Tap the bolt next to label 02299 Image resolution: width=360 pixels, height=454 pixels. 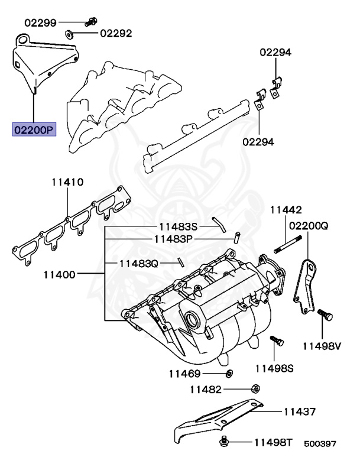91,22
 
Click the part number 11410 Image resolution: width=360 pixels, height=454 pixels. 66,182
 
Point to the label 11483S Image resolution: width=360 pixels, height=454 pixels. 178,226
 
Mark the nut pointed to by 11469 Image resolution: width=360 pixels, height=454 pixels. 229,374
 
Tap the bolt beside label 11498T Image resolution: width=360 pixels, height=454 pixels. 224,441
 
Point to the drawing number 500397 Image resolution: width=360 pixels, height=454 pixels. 320,443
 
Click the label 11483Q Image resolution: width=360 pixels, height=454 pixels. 140,262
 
